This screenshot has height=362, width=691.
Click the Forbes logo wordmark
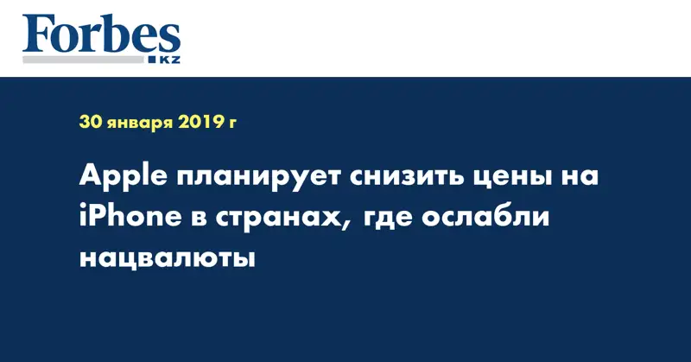coord(101,35)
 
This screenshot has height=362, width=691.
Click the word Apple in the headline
coord(122,178)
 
